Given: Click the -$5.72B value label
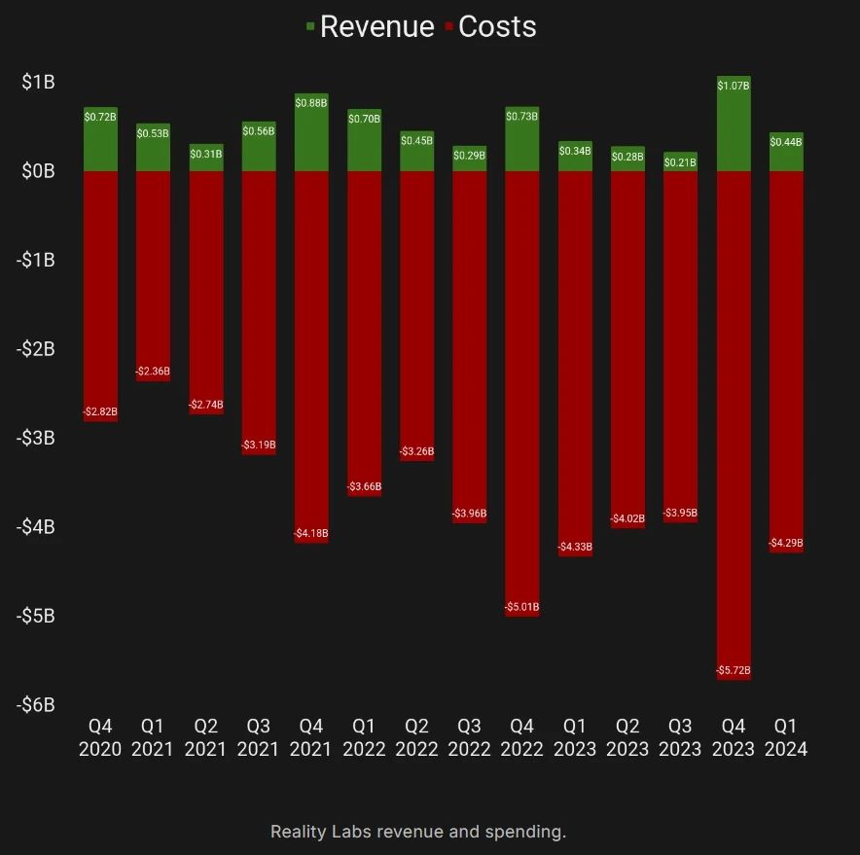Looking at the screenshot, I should tap(734, 671).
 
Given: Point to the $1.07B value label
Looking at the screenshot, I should tap(734, 87).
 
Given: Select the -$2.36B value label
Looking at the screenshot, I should tap(153, 372).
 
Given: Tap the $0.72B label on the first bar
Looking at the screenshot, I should tap(100, 117).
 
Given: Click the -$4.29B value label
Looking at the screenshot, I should tap(786, 543).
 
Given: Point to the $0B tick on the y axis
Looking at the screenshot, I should tap(39, 171).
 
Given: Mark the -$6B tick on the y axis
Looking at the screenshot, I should tap(36, 704).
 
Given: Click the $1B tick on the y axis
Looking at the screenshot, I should tap(39, 83).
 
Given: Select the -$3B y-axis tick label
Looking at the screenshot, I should tap(36, 438).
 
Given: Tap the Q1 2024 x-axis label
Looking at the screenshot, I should tap(786, 737).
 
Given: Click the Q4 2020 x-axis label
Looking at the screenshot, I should tap(100, 737).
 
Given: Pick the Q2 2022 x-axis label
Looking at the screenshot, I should tap(416, 737).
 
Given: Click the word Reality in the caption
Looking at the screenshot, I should tap(297, 832).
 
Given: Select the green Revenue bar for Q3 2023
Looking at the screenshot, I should tap(680, 162).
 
